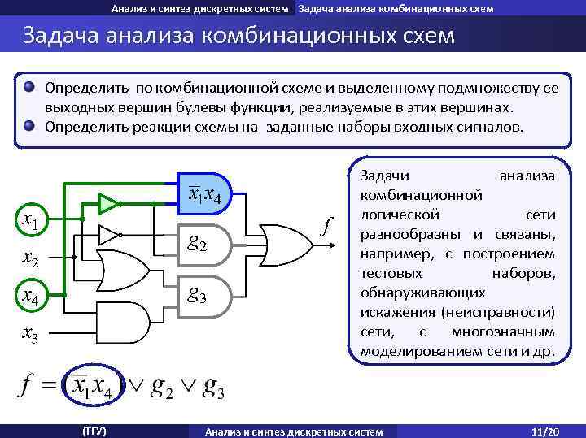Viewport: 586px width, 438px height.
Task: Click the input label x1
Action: coord(33,219)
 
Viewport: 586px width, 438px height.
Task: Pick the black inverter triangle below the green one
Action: coord(109,235)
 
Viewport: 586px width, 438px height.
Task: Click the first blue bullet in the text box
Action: coord(29,86)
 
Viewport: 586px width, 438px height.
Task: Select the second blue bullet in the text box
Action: coord(29,126)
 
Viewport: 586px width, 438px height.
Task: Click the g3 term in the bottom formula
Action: coord(213,389)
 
